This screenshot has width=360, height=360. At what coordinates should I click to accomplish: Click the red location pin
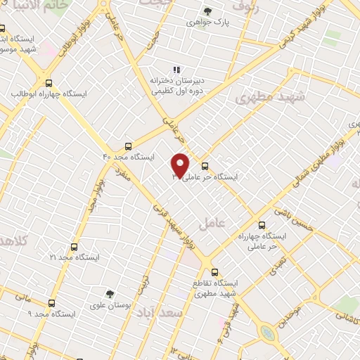click(x=180, y=165)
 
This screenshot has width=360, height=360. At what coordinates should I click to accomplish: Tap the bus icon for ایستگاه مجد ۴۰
click(x=127, y=146)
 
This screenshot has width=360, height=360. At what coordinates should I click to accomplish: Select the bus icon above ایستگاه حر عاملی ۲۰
click(x=205, y=167)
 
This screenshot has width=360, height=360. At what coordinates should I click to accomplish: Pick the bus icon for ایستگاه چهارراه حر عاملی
click(x=262, y=226)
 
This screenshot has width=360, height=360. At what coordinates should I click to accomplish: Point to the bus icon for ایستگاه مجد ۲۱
click(x=74, y=247)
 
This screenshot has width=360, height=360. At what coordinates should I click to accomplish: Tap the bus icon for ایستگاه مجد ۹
click(x=51, y=303)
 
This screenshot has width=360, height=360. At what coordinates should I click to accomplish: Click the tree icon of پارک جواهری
click(x=207, y=11)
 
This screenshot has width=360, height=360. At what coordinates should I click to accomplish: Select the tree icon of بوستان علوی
click(x=109, y=294)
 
